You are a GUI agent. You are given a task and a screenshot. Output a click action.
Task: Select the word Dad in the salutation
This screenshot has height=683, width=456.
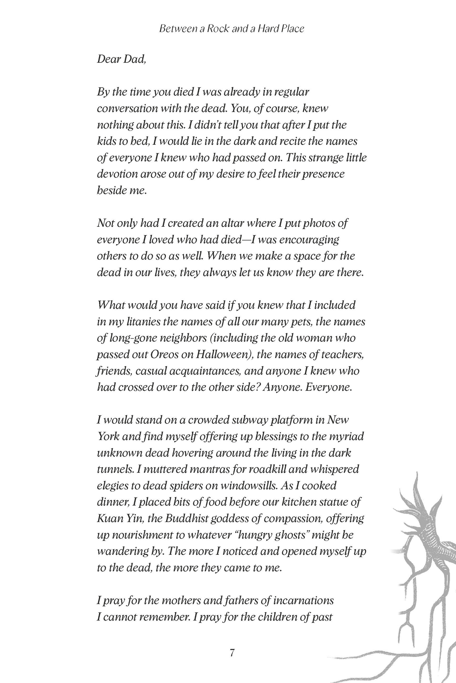[x=134, y=59]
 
